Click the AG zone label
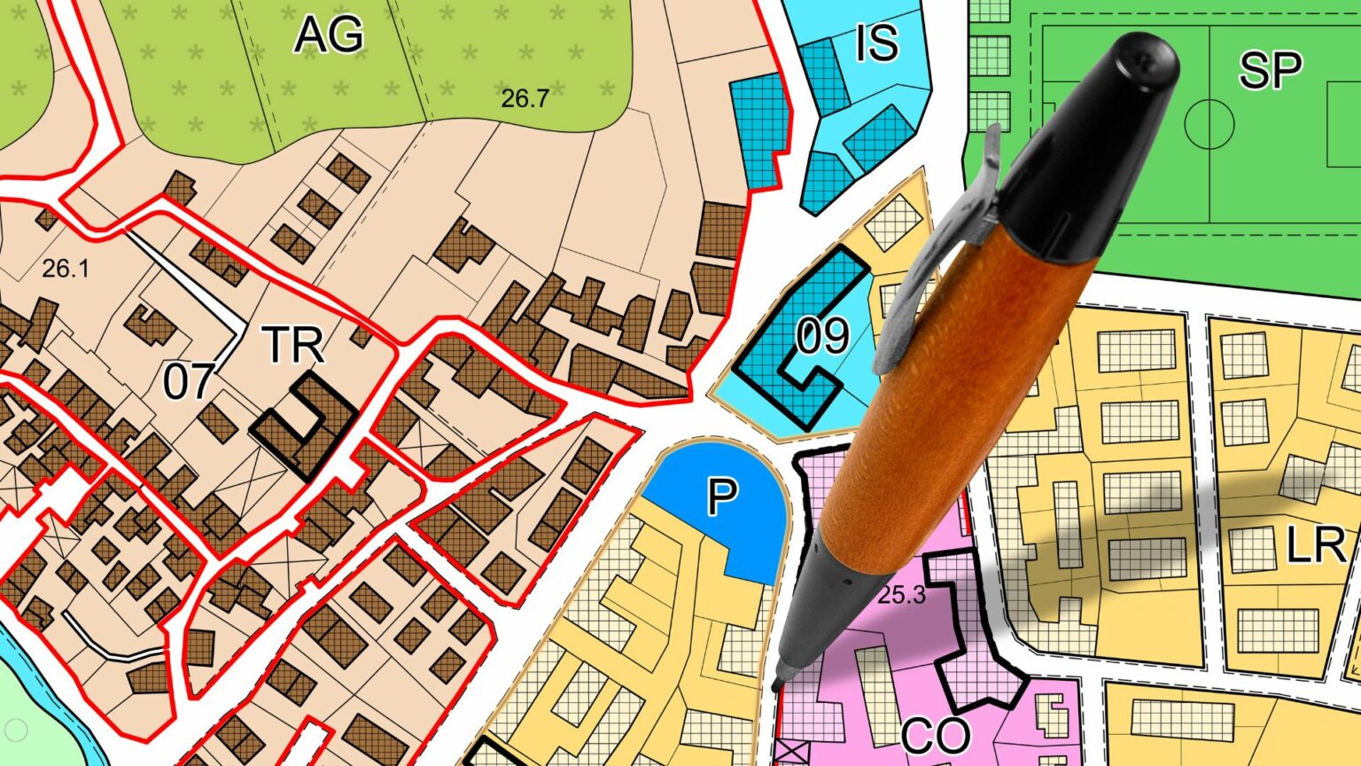[329, 35]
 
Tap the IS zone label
[876, 42]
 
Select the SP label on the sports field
[1270, 70]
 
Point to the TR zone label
[294, 346]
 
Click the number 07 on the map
[188, 381]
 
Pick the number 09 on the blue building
[822, 336]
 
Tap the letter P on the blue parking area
[722, 496]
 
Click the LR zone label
[1316, 545]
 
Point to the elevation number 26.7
[525, 98]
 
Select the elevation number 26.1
[66, 268]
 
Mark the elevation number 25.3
[901, 595]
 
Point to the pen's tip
[777, 684]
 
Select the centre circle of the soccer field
[1209, 123]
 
